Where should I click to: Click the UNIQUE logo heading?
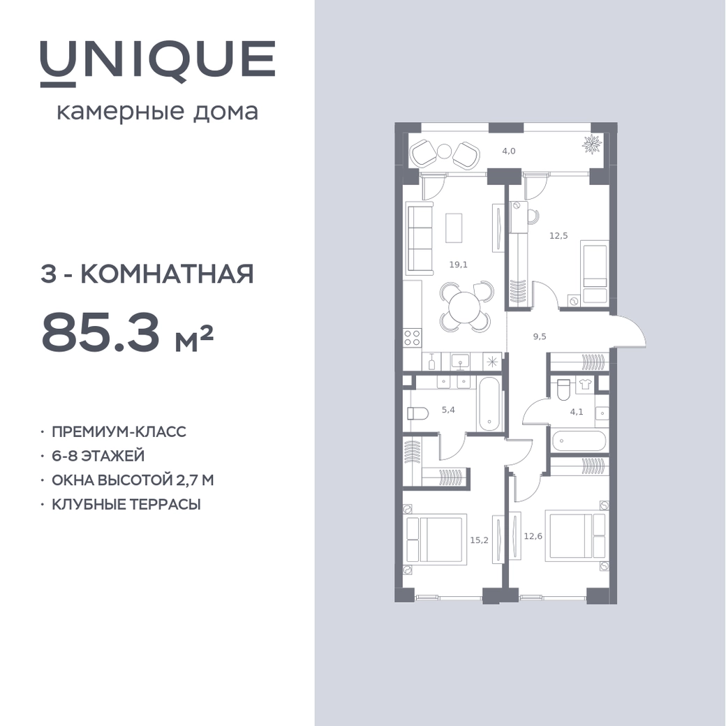click(x=158, y=63)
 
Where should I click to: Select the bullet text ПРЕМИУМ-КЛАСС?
click(x=119, y=431)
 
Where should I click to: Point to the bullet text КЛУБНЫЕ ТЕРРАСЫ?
click(x=126, y=504)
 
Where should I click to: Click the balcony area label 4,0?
click(x=509, y=151)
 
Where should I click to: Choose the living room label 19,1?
click(x=459, y=265)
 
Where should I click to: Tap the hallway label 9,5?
click(x=540, y=336)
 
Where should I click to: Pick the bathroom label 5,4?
click(x=448, y=409)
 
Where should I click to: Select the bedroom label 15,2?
click(x=479, y=540)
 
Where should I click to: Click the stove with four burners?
click(x=412, y=338)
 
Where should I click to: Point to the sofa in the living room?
click(x=419, y=239)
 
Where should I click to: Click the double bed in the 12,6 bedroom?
click(x=575, y=535)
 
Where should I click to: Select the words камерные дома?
click(x=158, y=112)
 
